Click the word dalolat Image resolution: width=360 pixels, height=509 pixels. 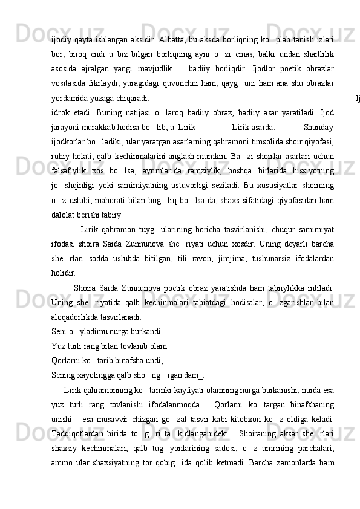pos(64,213)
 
